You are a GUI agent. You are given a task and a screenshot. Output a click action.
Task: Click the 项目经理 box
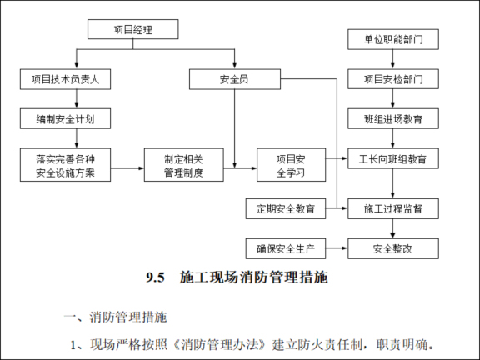tap(132, 31)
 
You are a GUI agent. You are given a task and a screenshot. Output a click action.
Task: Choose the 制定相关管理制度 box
tap(183, 166)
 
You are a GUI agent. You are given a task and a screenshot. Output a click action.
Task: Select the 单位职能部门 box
tap(392, 39)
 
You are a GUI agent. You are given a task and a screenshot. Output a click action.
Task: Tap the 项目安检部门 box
tap(392, 79)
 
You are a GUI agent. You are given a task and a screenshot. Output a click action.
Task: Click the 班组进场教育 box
tap(392, 119)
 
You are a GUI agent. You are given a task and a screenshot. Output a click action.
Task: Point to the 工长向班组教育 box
tap(392, 159)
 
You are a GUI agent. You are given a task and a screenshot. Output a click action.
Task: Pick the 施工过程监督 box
tap(392, 207)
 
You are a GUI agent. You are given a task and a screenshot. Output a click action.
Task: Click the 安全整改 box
tap(392, 247)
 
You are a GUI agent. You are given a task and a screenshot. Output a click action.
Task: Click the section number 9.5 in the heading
tap(157, 278)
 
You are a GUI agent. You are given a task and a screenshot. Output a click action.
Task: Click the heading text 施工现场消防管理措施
tap(253, 278)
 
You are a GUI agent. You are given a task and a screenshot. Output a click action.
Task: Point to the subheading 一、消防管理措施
tap(116, 317)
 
